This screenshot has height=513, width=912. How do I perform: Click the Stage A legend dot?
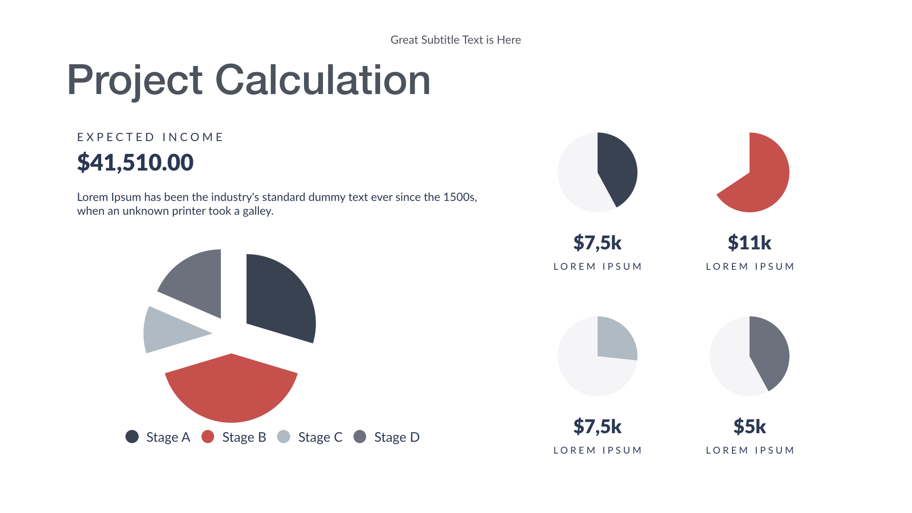click(132, 437)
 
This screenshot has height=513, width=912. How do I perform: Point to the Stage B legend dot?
click(208, 437)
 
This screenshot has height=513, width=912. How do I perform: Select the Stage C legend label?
click(320, 437)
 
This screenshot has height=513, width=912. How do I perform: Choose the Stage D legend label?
click(397, 437)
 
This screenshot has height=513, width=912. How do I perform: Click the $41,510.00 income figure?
click(135, 162)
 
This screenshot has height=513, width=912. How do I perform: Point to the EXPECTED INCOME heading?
click(150, 137)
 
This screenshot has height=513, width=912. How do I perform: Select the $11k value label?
click(750, 243)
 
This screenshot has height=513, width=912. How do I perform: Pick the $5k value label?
click(750, 427)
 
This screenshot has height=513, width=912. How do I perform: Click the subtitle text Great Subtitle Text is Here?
click(456, 40)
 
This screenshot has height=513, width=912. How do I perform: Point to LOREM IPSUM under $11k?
click(750, 266)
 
